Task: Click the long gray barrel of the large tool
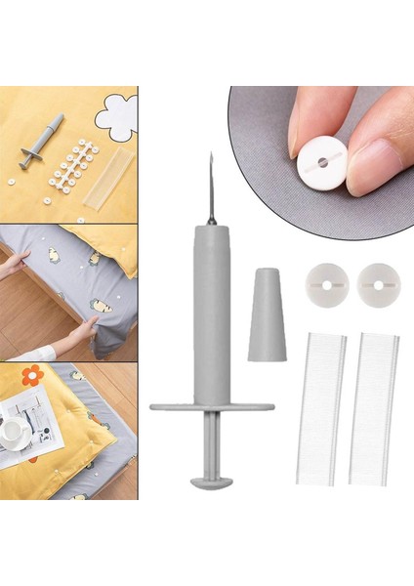[x=211, y=313]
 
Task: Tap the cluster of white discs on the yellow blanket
[x=70, y=166]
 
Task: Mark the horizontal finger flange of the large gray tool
[x=211, y=404]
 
